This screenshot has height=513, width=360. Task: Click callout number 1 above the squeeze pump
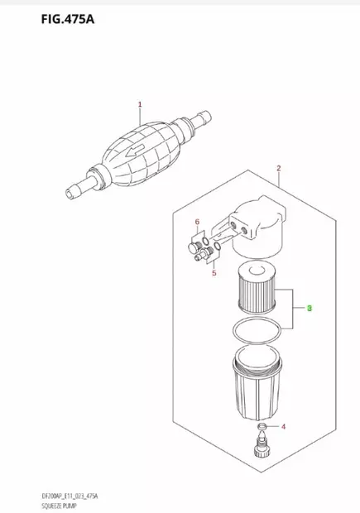point(140,104)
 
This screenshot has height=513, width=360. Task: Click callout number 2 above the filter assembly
point(280,169)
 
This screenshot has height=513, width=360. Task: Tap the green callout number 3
point(310,308)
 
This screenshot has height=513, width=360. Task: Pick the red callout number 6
point(197,223)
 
